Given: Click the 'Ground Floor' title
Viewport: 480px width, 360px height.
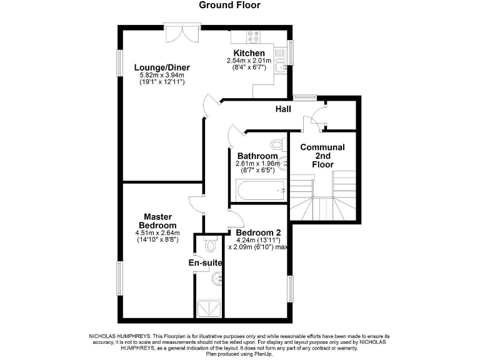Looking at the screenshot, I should click(x=229, y=6).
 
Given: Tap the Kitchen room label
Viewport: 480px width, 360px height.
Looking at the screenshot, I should click(x=249, y=53).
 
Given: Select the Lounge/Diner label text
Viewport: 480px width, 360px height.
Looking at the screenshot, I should click(x=162, y=67).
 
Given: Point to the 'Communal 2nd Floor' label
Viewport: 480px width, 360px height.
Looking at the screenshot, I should click(x=322, y=156).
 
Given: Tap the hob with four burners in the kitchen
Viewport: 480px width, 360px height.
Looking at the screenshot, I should click(x=254, y=36).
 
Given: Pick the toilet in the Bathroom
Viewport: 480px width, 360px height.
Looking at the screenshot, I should click(x=279, y=143).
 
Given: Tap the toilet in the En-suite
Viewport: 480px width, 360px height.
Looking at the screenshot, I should click(x=209, y=242).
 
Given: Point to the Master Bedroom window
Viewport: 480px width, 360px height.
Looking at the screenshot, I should click(x=120, y=277).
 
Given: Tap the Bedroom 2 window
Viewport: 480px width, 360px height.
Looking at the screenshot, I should click(x=291, y=290).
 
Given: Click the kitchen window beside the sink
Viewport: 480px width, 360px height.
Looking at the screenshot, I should click(x=291, y=53).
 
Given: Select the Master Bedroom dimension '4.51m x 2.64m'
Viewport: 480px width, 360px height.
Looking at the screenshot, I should click(x=157, y=232).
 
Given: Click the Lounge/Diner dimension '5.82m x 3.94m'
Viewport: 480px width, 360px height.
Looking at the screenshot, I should click(x=162, y=76).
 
